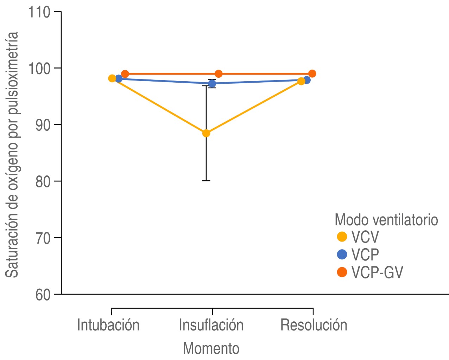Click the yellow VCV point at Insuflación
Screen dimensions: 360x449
[x=206, y=133]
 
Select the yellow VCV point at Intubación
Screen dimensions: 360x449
[x=112, y=78]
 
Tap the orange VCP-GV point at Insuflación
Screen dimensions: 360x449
[x=219, y=74]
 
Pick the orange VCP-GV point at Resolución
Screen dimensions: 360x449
[x=312, y=74]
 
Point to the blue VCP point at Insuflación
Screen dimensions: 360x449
[x=212, y=84]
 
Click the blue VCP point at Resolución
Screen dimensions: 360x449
[x=306, y=80]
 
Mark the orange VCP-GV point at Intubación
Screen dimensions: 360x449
[x=125, y=74]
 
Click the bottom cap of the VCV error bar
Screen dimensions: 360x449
[x=206, y=181]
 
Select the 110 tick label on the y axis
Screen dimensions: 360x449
[x=39, y=12]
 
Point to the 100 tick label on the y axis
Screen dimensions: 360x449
[x=39, y=69]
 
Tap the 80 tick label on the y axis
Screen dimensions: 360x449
[x=43, y=182]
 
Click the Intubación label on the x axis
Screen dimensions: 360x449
[x=108, y=325]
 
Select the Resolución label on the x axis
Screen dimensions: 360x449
[x=314, y=325]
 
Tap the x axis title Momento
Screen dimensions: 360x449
[x=211, y=348]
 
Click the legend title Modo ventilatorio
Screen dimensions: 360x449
[x=386, y=220]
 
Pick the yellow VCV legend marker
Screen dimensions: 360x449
[x=342, y=237]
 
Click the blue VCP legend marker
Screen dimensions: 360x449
[x=342, y=255]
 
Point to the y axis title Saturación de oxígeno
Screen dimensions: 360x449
[x=12, y=155]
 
